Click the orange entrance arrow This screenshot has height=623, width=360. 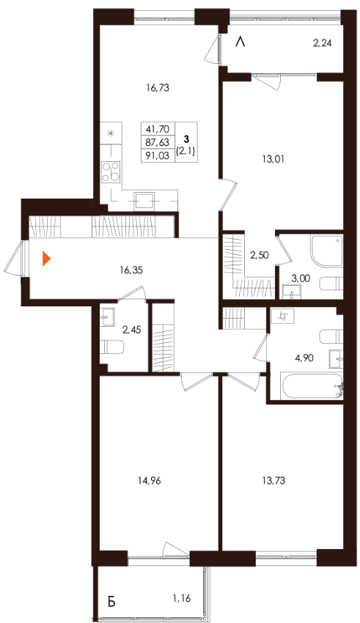point(46,259)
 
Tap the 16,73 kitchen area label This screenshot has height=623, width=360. point(158,88)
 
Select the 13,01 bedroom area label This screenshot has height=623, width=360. point(273,159)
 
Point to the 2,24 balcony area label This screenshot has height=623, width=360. point(322,44)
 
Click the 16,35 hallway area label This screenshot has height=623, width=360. point(131,270)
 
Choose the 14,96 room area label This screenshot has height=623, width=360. point(150,481)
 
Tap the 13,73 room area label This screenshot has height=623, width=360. point(273,481)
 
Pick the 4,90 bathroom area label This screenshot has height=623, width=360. point(304,358)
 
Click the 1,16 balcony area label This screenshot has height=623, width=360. point(181,597)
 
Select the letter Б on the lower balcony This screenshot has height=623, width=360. point(111,602)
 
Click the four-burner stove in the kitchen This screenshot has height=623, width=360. point(110,172)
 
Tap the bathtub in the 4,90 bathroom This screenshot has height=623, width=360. point(312,386)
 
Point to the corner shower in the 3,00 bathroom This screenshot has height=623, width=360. point(326,251)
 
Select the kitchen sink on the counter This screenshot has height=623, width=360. point(144,201)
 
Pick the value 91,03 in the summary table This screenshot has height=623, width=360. point(158,155)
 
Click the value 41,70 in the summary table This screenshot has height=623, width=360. point(158,129)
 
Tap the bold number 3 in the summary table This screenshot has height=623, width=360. point(186,139)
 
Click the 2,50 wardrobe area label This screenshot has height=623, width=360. point(259,255)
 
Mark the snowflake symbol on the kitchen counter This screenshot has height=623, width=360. point(111,133)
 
